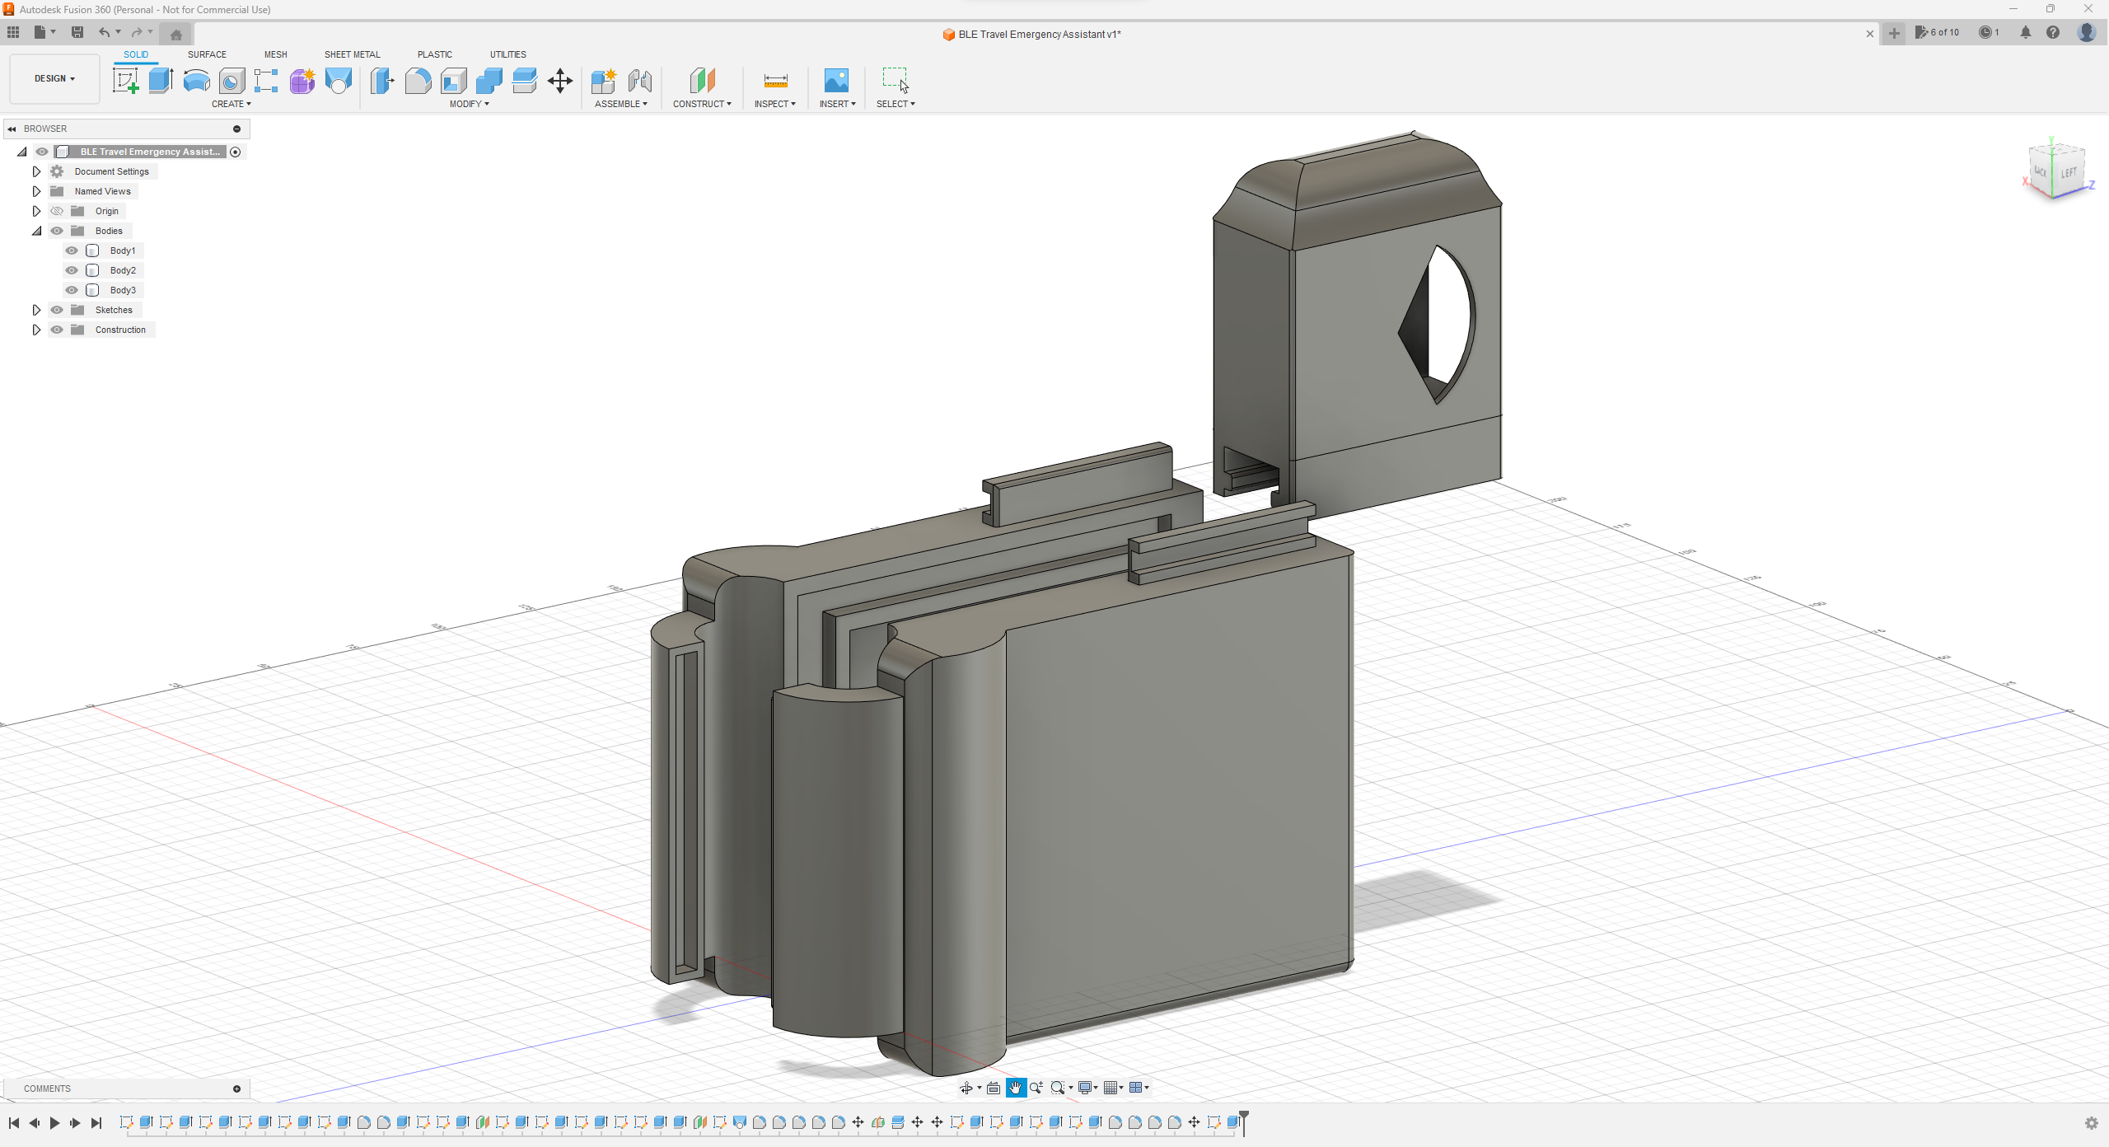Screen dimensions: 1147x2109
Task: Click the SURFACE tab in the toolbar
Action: (x=207, y=54)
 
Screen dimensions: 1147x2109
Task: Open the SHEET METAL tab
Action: (x=352, y=54)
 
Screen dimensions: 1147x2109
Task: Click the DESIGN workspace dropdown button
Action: (x=54, y=79)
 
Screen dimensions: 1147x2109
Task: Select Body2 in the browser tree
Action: (x=123, y=270)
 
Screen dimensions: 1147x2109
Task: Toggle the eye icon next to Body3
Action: (x=72, y=290)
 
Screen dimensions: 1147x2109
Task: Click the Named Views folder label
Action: (x=102, y=191)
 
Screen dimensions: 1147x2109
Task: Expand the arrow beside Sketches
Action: (x=36, y=310)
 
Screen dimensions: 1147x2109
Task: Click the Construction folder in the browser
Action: (x=120, y=330)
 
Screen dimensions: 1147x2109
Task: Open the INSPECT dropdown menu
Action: (x=774, y=104)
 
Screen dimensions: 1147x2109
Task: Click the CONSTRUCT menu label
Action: (x=701, y=104)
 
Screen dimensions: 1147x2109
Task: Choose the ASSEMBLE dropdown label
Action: (x=620, y=104)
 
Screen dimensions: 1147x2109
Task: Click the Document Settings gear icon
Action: (x=57, y=171)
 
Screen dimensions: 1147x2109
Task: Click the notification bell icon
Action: (x=2026, y=33)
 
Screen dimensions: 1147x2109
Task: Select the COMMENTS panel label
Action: (x=47, y=1088)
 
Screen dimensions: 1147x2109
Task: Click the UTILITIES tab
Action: (x=507, y=54)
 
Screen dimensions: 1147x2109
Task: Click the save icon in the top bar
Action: (x=77, y=32)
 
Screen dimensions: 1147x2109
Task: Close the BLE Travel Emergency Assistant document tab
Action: (x=1870, y=34)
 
